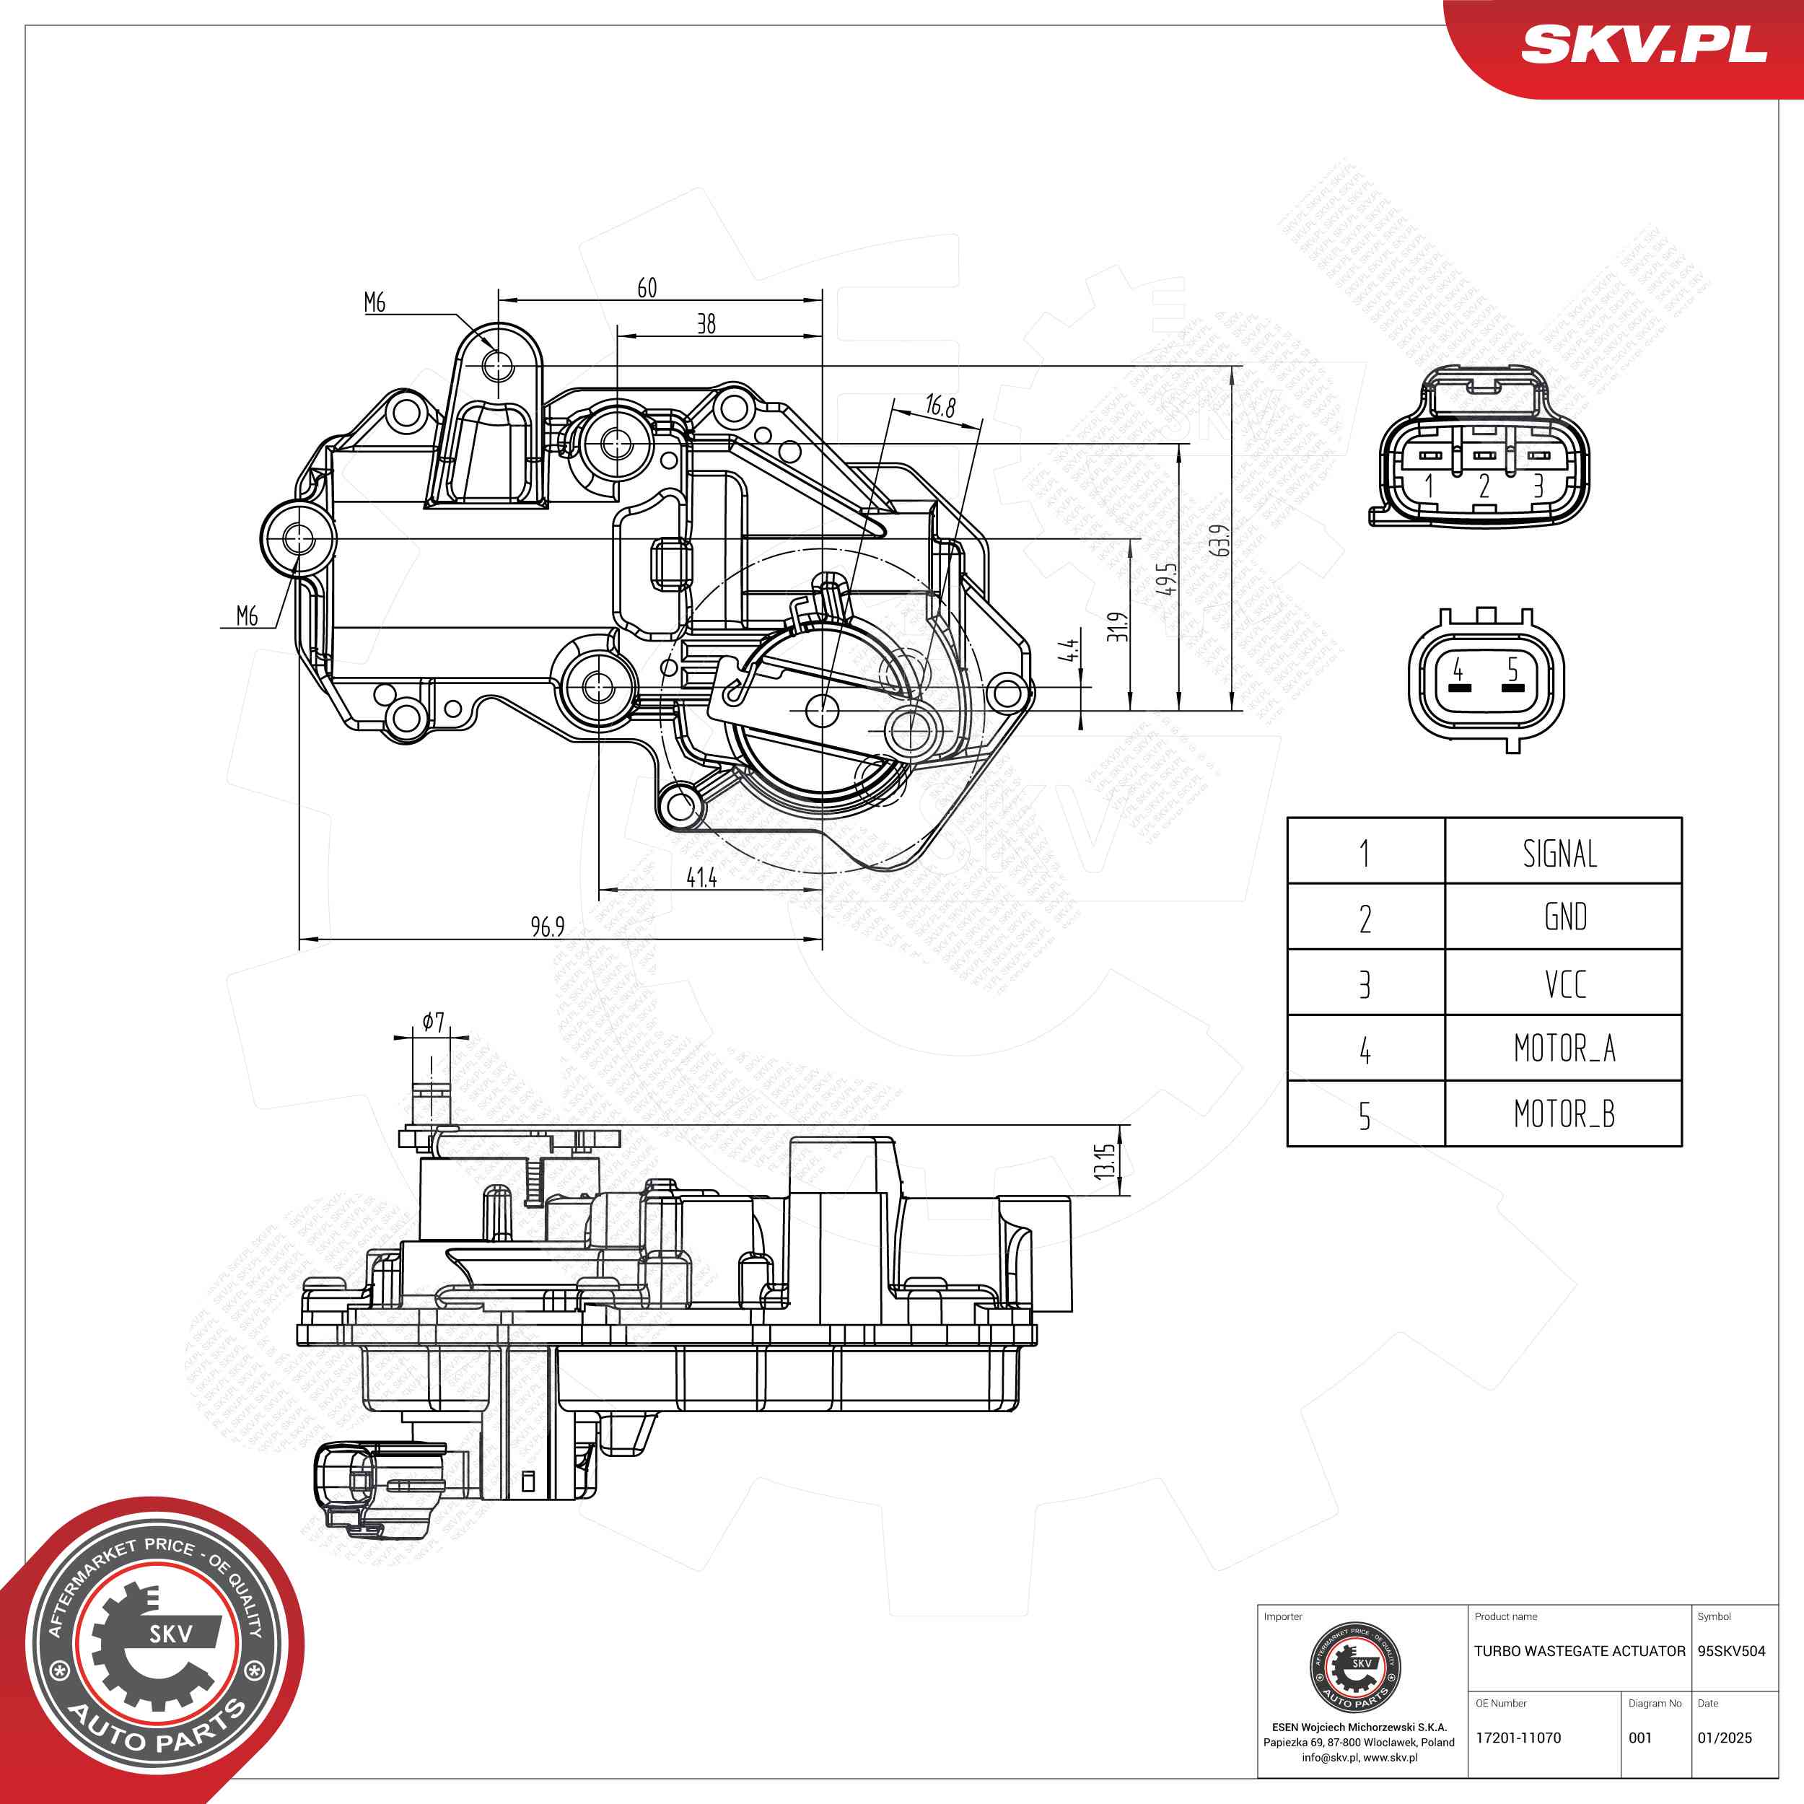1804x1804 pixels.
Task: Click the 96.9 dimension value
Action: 547,927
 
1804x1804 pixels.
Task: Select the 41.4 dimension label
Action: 701,877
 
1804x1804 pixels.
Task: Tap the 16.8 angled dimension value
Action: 940,406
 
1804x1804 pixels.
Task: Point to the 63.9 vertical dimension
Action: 1219,540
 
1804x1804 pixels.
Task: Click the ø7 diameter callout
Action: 432,1023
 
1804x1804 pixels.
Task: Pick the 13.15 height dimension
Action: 1105,1160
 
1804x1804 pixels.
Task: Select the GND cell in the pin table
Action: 1565,917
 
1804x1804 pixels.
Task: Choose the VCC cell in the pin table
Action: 1565,984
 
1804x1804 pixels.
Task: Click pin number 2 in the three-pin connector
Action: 1484,486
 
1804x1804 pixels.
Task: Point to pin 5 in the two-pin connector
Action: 1512,669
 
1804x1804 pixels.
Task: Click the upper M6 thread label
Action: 375,302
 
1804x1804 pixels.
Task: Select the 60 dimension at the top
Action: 647,288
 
